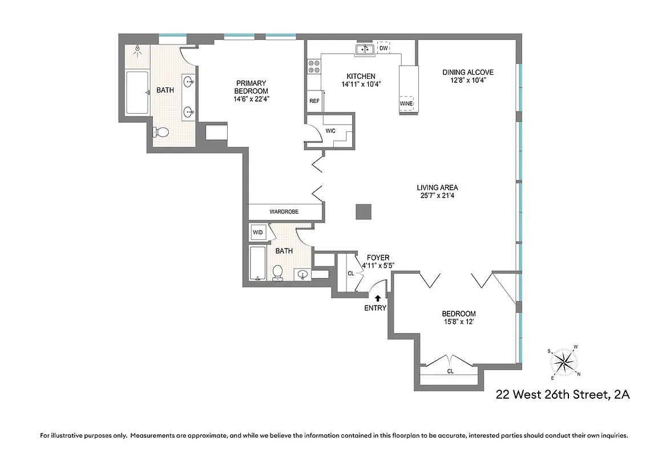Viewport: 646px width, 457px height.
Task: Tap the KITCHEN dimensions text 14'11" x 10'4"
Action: click(361, 84)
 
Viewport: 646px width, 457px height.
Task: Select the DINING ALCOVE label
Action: click(468, 72)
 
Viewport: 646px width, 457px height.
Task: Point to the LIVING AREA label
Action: click(437, 187)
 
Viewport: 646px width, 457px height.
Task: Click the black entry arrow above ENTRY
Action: click(377, 298)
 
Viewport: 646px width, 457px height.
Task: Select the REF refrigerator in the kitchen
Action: click(314, 101)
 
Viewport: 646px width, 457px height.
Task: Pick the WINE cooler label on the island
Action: click(406, 104)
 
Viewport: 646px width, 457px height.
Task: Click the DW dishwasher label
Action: click(383, 49)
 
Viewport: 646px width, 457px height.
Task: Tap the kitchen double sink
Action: click(365, 50)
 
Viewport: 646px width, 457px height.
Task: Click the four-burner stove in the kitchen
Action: click(313, 67)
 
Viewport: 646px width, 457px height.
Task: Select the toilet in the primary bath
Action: click(161, 132)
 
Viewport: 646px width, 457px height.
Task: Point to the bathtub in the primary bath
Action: click(137, 93)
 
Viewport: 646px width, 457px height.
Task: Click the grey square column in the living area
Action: click(364, 211)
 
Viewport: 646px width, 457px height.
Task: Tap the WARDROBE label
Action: click(284, 212)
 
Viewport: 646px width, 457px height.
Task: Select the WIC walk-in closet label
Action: click(330, 131)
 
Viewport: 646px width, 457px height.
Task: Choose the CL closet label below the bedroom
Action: click(450, 371)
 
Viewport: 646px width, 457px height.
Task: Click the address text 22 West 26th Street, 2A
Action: click(562, 395)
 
